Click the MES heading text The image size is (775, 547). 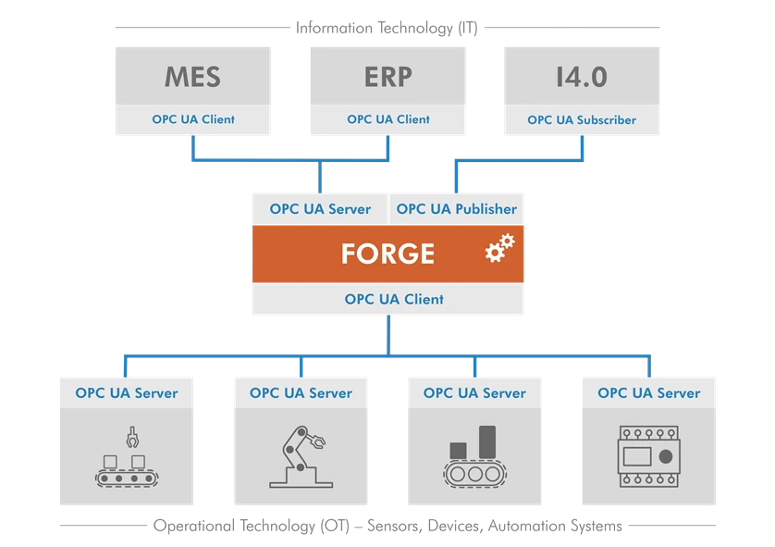192,76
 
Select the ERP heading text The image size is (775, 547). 387,76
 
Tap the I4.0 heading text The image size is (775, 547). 582,76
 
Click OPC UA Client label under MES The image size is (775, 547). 193,119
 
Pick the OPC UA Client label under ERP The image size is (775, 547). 388,119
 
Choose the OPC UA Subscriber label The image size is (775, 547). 582,119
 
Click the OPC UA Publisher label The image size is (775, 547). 457,209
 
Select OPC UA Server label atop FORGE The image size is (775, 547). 320,209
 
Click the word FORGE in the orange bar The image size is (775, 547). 387,254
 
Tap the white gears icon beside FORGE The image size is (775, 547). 499,248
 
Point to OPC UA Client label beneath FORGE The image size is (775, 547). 394,299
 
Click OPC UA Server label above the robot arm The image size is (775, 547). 301,393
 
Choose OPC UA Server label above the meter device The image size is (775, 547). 648,393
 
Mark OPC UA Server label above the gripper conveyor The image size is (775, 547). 128,393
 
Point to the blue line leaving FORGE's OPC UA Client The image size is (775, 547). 388,334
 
